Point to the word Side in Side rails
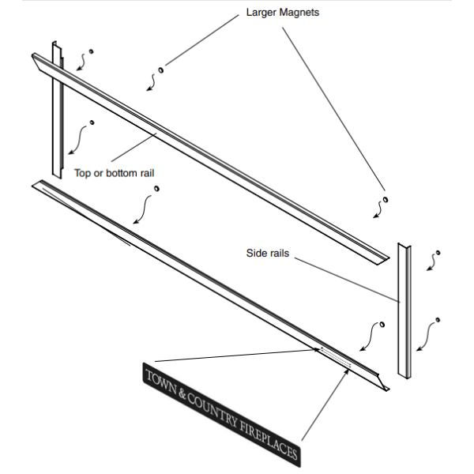(257, 254)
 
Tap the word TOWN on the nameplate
(163, 381)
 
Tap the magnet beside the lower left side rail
(92, 122)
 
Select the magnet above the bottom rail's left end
(156, 188)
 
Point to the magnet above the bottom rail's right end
(382, 324)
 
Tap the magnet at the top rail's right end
(386, 197)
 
